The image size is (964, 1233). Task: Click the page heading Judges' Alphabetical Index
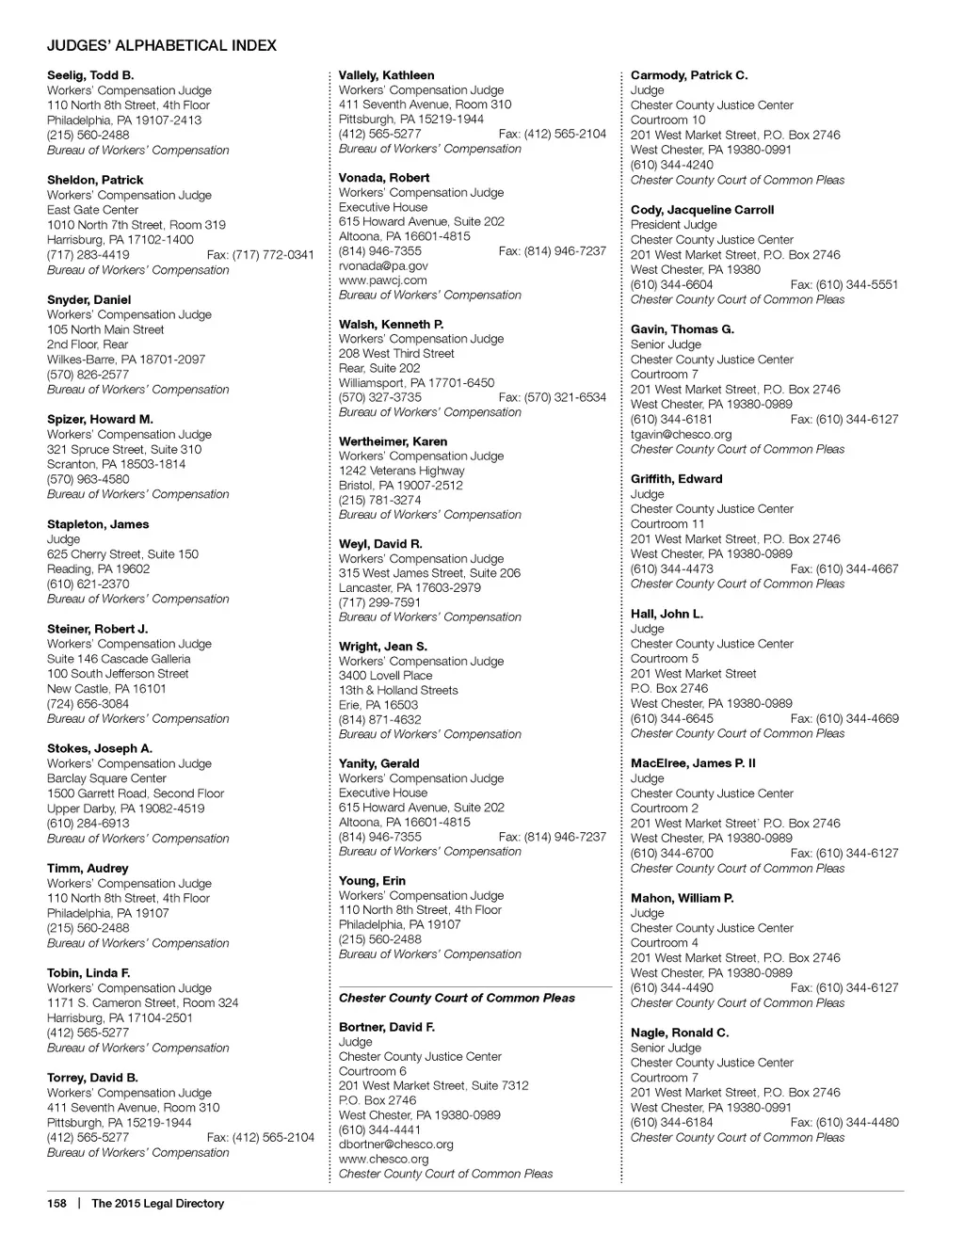point(162,45)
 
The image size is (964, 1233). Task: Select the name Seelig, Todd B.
point(90,75)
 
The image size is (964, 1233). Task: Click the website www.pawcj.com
point(383,280)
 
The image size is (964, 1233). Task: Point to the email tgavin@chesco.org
point(681,434)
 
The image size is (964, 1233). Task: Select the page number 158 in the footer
point(57,1203)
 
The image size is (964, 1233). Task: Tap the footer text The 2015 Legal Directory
point(157,1203)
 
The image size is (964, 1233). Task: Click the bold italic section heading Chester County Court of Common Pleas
point(457,998)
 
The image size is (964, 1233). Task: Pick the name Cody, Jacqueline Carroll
point(702,210)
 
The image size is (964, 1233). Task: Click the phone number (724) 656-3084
point(88,703)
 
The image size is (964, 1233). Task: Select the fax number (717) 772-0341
point(260,255)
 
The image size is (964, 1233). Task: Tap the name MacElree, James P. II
point(693,763)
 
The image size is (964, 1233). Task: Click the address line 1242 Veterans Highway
point(402,471)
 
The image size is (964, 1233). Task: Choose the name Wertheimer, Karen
point(394,441)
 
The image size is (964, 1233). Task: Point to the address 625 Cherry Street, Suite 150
point(123,554)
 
